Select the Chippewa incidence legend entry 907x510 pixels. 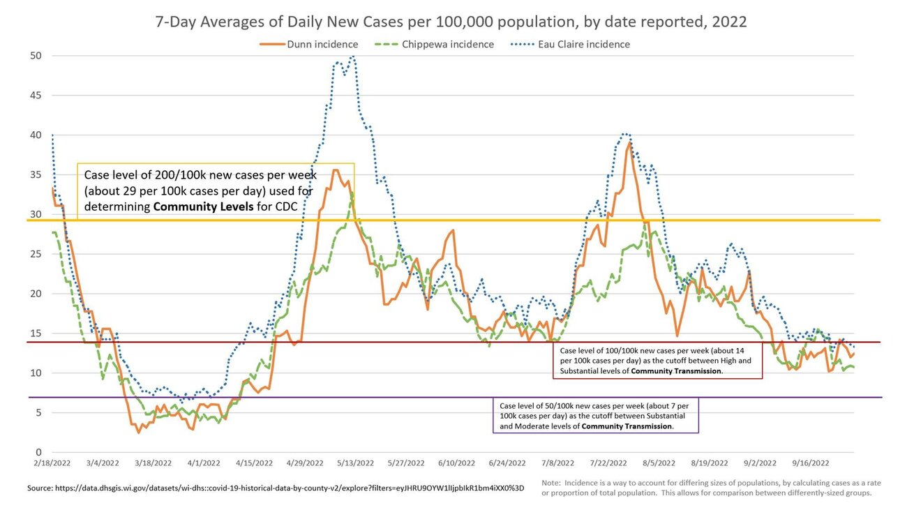[439, 45]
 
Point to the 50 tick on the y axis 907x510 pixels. [36, 56]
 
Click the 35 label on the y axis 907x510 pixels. [36, 175]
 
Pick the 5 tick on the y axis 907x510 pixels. [38, 413]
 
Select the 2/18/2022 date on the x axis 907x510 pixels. [52, 463]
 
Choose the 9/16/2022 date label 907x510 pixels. [810, 463]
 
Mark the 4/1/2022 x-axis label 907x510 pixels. [204, 463]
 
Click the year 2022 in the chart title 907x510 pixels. [728, 22]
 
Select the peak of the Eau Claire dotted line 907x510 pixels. [353, 57]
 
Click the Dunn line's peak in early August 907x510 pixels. [629, 142]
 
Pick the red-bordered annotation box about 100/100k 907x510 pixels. [657, 361]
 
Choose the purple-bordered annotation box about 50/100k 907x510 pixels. [597, 416]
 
